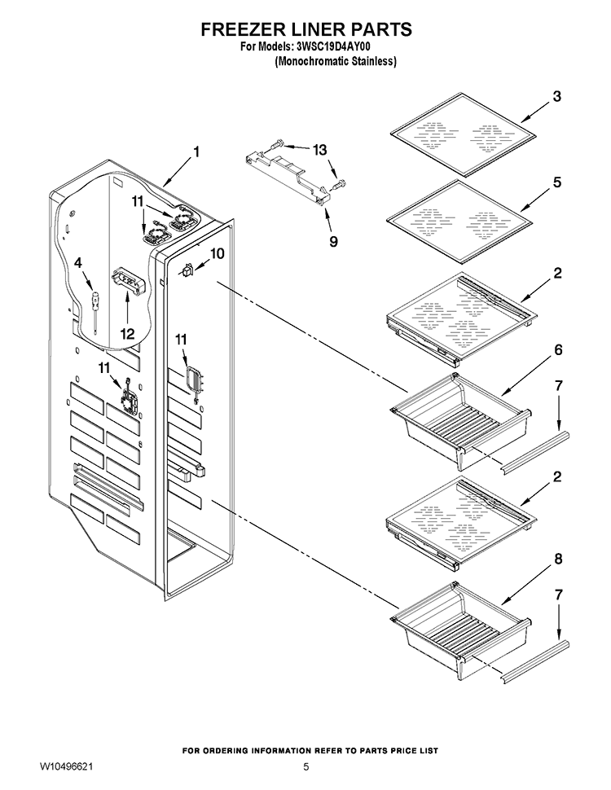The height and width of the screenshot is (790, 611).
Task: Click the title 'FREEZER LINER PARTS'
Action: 306,29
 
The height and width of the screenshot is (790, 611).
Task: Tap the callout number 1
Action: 196,151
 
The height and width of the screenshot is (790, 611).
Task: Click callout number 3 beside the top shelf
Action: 556,96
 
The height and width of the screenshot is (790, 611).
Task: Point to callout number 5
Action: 557,182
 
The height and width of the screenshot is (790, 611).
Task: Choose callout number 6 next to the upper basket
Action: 558,349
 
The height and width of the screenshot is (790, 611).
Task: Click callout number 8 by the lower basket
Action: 558,558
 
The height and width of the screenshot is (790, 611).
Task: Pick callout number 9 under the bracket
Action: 333,241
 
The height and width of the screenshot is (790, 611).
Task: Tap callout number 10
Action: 218,253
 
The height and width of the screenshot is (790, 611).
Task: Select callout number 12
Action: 127,333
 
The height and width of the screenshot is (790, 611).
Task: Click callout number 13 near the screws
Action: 319,150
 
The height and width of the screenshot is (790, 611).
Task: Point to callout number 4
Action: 78,262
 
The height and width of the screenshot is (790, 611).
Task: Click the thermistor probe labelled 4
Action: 95,312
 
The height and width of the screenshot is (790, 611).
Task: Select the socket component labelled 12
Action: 128,280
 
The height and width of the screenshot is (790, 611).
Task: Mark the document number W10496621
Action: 66,767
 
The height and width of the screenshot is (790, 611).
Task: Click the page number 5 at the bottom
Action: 306,767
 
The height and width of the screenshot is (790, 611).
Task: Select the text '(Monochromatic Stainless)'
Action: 336,61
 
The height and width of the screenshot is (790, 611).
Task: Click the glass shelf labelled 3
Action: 463,134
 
